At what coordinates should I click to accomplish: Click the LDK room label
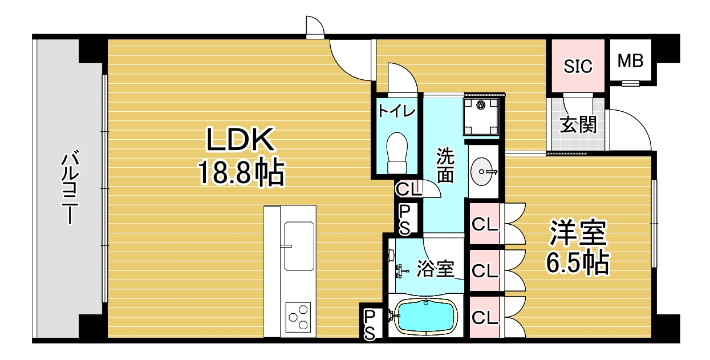pyautogui.click(x=240, y=140)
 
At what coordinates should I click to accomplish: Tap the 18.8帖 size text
pyautogui.click(x=241, y=172)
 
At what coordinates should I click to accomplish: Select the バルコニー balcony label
pyautogui.click(x=70, y=187)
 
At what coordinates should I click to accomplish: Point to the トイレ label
pyautogui.click(x=397, y=111)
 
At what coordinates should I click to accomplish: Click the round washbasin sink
pyautogui.click(x=482, y=172)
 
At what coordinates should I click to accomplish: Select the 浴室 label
pyautogui.click(x=435, y=269)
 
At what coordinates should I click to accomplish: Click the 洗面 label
pyautogui.click(x=445, y=165)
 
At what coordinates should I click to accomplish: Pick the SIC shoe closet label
pyautogui.click(x=578, y=66)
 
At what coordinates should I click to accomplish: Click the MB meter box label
pyautogui.click(x=630, y=60)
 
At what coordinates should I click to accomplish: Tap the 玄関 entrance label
pyautogui.click(x=578, y=124)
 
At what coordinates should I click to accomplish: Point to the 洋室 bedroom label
pyautogui.click(x=578, y=233)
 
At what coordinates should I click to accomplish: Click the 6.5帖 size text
pyautogui.click(x=577, y=263)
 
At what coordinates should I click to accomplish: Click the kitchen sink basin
pyautogui.click(x=299, y=246)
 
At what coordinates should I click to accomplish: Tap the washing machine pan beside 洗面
pyautogui.click(x=481, y=116)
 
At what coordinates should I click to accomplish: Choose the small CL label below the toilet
pyautogui.click(x=408, y=189)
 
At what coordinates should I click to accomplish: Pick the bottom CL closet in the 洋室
pyautogui.click(x=485, y=317)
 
